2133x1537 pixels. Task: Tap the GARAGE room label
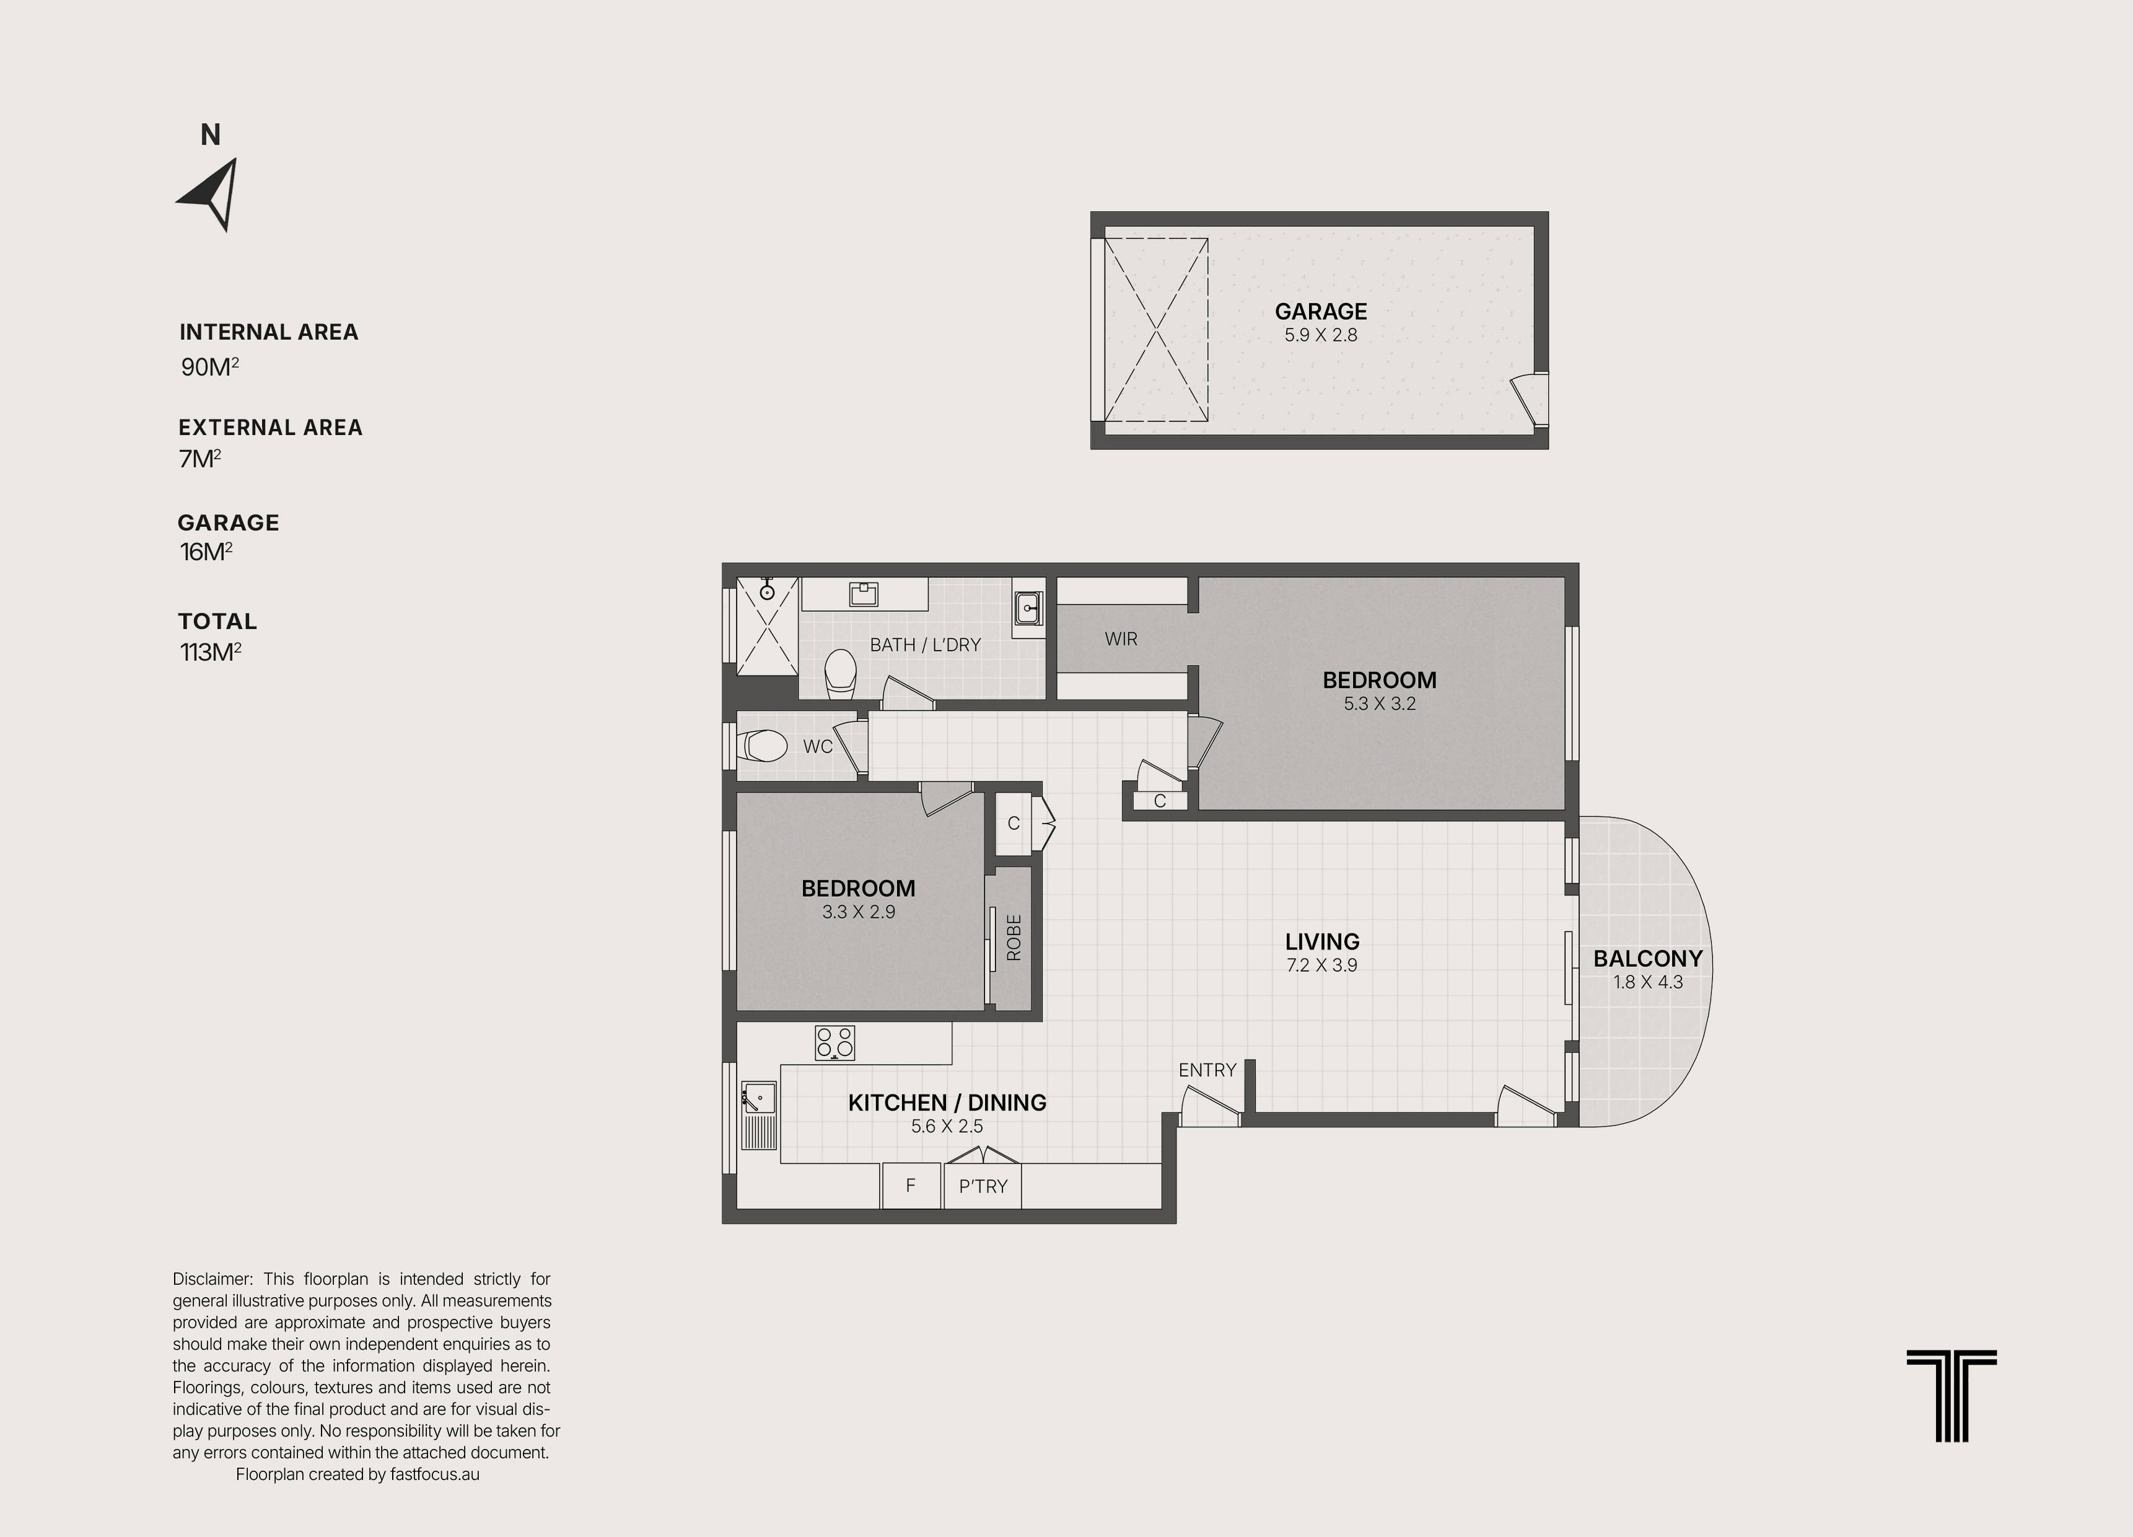pyautogui.click(x=1320, y=311)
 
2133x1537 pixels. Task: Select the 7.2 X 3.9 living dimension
pyautogui.click(x=1321, y=965)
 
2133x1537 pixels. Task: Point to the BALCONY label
pyautogui.click(x=1648, y=959)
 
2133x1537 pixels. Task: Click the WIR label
pyautogui.click(x=1121, y=640)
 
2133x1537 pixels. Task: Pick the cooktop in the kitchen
pyautogui.click(x=835, y=1042)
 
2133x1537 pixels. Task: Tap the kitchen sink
pyautogui.click(x=759, y=1098)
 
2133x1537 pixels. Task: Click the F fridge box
pyautogui.click(x=910, y=1185)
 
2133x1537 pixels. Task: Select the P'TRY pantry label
pyautogui.click(x=983, y=1186)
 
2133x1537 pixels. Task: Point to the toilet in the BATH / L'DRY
pyautogui.click(x=841, y=676)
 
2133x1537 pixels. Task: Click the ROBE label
pyautogui.click(x=1014, y=938)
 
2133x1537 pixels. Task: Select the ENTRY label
pyautogui.click(x=1207, y=1070)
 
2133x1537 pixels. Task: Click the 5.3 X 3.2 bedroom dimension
pyautogui.click(x=1380, y=703)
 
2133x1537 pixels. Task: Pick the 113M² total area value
pyautogui.click(x=211, y=652)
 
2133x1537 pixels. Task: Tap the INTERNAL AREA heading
pyautogui.click(x=269, y=332)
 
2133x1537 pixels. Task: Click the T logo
pyautogui.click(x=1951, y=1395)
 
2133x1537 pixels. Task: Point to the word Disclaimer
pyautogui.click(x=212, y=1279)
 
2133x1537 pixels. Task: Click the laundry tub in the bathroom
pyautogui.click(x=1028, y=607)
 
